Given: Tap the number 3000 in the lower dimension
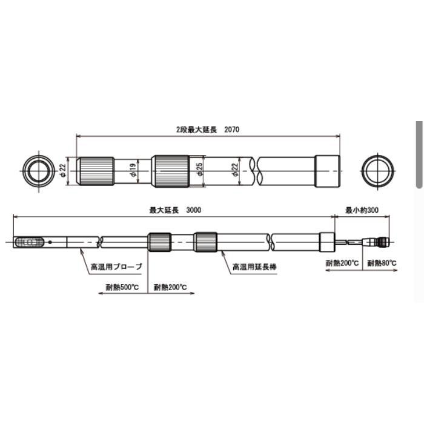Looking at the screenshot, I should [x=194, y=210].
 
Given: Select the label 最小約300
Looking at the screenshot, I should [x=362, y=210].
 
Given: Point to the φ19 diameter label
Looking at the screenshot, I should [x=133, y=171].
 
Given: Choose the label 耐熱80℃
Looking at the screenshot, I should [x=382, y=263].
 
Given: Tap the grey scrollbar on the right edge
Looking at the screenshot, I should [x=418, y=154].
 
